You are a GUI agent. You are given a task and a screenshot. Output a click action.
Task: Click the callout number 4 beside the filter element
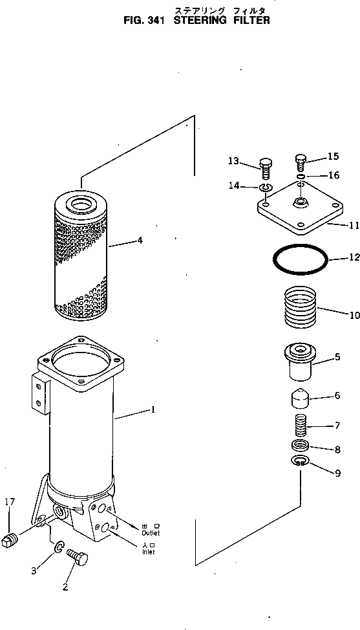tap(139, 241)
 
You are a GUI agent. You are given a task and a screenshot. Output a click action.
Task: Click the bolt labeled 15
tap(301, 161)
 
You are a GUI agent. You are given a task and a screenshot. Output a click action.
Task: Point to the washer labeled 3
tap(58, 549)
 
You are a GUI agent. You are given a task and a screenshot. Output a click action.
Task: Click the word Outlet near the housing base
tap(151, 533)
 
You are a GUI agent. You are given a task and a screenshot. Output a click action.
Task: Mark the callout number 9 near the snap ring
tap(336, 473)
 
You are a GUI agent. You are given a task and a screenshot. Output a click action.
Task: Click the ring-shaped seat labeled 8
tap(299, 446)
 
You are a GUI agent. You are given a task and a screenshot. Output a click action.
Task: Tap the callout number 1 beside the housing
tap(152, 409)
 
